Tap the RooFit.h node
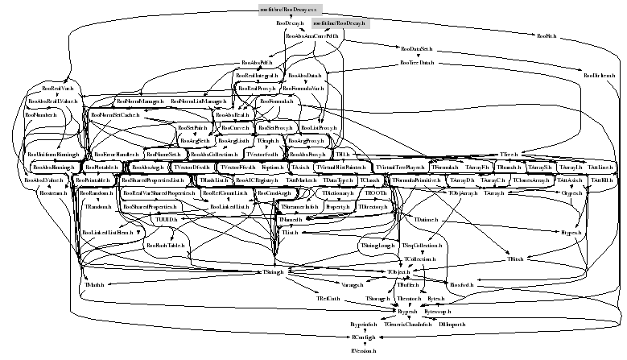tap(547, 37)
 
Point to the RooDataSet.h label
tap(416, 49)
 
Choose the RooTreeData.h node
tap(416, 62)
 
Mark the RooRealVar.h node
tap(58, 87)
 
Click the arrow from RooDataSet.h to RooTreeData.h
tap(416, 56)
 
